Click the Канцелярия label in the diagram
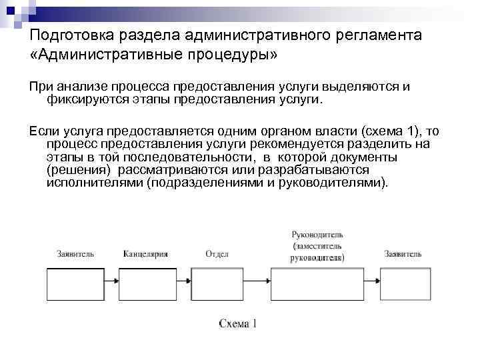point(145,254)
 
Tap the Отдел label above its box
point(217,254)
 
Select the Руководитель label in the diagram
point(318,235)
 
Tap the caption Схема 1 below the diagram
point(238,324)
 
